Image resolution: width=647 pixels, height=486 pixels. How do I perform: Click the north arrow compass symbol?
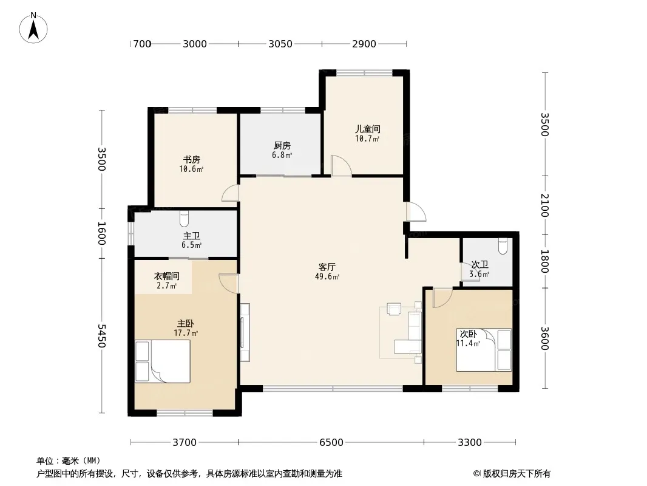[33, 28]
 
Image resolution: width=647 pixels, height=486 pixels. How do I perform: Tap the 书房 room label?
[191, 159]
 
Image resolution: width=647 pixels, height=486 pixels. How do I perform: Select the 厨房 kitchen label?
[282, 145]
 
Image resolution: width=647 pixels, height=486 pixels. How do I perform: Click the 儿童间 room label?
[368, 129]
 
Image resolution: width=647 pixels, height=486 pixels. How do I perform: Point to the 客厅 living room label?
[327, 267]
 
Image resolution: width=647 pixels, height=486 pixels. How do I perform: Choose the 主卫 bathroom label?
[191, 235]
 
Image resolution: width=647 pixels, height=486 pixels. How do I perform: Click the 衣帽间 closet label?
[167, 276]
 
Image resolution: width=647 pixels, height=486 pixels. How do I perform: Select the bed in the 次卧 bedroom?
[484, 350]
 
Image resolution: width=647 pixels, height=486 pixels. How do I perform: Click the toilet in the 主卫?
[184, 219]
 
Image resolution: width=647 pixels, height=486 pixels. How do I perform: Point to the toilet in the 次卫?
[503, 247]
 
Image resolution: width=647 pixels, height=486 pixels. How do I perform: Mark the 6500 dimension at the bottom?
[331, 442]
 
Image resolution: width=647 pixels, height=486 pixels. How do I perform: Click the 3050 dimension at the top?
[280, 43]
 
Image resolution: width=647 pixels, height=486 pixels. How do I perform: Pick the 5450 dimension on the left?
[102, 336]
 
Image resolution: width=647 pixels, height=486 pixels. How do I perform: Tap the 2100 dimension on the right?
[544, 205]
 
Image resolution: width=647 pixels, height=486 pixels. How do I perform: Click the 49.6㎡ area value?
[327, 276]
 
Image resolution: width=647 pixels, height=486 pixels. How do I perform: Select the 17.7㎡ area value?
[186, 333]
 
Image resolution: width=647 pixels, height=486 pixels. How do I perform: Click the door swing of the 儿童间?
[341, 166]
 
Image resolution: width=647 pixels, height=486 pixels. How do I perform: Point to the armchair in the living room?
[394, 309]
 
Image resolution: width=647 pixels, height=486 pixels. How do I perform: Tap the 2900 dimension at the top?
[364, 43]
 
